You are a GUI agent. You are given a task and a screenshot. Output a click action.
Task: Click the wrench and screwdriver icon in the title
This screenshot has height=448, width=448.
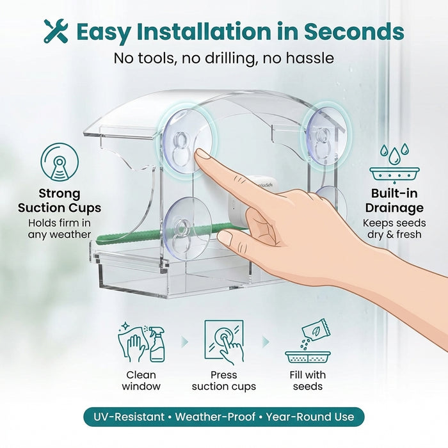pyautogui.click(x=56, y=31)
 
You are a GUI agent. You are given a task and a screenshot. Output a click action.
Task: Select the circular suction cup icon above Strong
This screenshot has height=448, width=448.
pyautogui.click(x=60, y=162)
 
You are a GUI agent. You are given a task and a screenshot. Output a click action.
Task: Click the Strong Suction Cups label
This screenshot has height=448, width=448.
pyautogui.click(x=60, y=200)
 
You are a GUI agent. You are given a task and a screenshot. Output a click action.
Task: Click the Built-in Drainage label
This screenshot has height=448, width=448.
pyautogui.click(x=394, y=200)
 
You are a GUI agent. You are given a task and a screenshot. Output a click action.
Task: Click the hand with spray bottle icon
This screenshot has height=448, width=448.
pyautogui.click(x=141, y=344)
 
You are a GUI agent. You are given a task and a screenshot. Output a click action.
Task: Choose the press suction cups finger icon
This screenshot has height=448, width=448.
pyautogui.click(x=224, y=342)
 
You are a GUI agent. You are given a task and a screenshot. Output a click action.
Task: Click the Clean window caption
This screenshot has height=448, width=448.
pyautogui.click(x=141, y=381)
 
